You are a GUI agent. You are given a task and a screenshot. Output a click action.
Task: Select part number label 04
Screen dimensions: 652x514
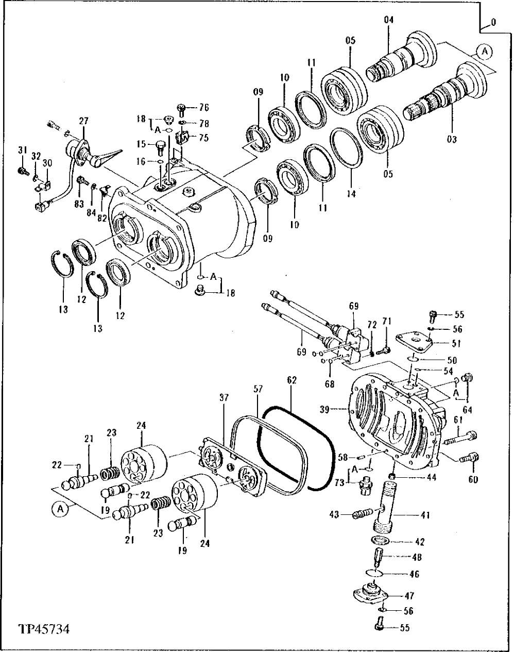(388, 20)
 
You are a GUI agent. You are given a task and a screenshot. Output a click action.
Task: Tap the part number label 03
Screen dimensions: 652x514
(452, 139)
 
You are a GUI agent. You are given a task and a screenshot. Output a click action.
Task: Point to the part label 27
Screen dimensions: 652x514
(83, 121)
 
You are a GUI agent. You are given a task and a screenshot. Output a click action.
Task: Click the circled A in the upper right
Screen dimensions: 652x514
(484, 51)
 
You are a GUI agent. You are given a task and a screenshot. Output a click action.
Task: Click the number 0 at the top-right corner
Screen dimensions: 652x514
(494, 23)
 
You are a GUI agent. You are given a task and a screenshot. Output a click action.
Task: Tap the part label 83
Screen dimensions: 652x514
(79, 204)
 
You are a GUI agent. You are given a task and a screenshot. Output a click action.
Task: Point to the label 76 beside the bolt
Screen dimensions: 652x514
(204, 108)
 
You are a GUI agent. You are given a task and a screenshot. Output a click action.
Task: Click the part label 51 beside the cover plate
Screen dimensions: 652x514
(441, 344)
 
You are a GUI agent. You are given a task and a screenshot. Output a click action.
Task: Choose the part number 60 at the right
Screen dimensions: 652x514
(473, 479)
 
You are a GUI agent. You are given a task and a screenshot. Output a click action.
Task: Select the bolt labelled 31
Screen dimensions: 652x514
(22, 170)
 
